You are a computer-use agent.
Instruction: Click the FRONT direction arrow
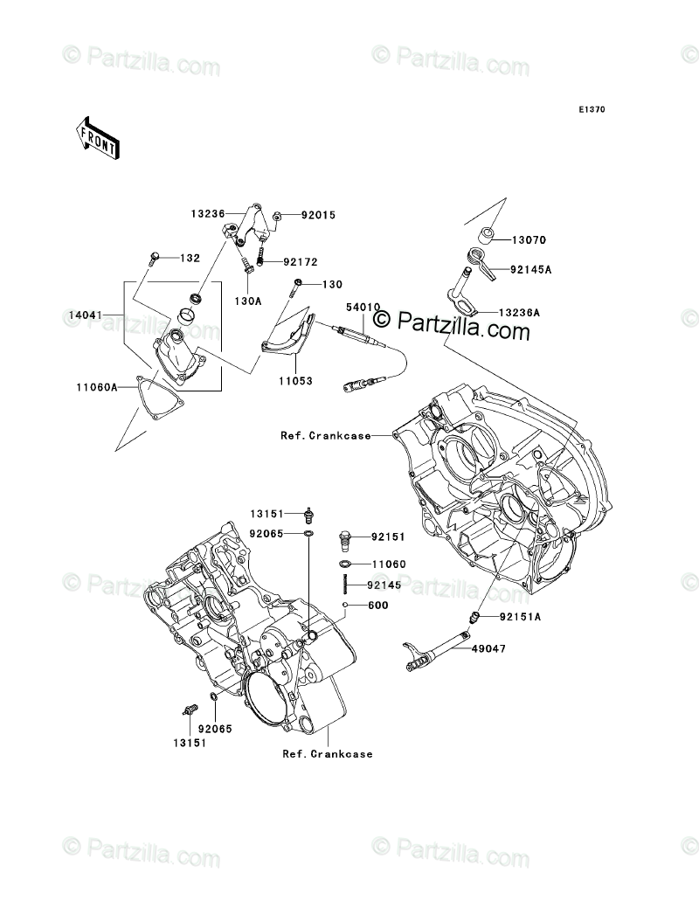coord(97,137)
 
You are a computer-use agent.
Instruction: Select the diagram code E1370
coord(590,110)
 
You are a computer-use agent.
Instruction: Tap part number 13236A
coord(520,312)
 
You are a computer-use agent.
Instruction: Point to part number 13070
coord(529,239)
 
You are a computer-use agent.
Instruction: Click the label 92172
coord(301,261)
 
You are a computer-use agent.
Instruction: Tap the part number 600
coord(377,605)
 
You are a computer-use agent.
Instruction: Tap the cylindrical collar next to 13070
coord(488,234)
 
